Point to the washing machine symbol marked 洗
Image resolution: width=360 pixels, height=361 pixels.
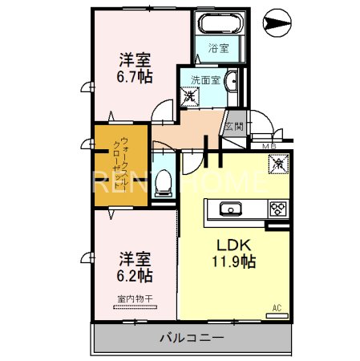point(191,97)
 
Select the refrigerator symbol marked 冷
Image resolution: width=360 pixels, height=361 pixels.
point(276,163)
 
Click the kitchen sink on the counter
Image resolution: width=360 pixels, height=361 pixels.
point(231,210)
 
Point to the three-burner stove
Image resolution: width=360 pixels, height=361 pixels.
point(277,209)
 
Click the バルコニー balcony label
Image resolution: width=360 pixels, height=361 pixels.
point(192,339)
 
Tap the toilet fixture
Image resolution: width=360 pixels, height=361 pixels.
point(164,184)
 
